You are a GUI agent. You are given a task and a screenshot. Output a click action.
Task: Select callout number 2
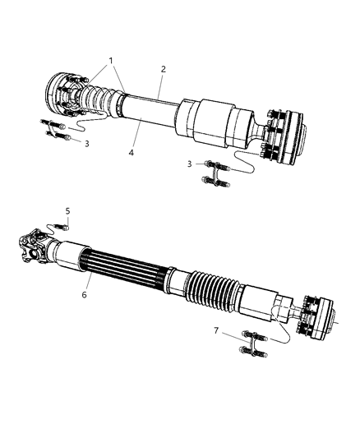tap(164, 70)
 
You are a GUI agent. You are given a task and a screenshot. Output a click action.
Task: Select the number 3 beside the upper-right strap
tap(191, 164)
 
